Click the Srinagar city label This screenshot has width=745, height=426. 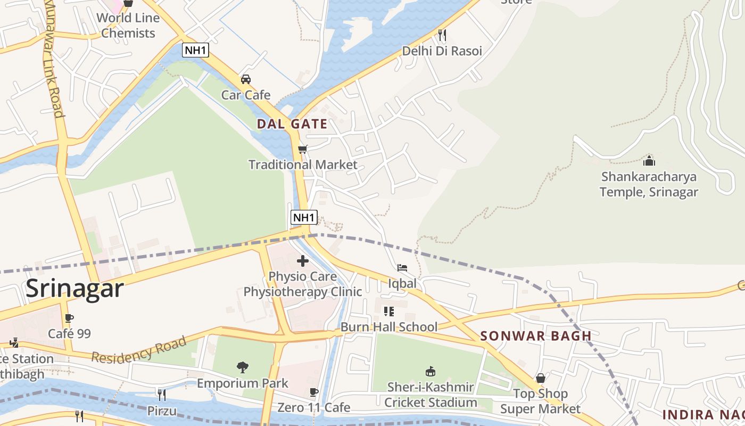(74, 288)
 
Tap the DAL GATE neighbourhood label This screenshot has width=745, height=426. (292, 124)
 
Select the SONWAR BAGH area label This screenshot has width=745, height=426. (536, 336)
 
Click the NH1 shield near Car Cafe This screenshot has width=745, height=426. (195, 50)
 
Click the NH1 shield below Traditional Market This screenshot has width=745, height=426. (304, 217)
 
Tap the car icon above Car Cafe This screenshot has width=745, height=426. (246, 79)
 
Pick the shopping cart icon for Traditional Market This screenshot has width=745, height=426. (303, 149)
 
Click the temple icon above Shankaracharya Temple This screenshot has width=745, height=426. (649, 161)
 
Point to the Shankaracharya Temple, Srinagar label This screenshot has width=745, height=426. (649, 184)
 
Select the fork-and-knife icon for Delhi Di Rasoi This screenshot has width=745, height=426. (442, 35)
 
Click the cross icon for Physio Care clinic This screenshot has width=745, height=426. (303, 261)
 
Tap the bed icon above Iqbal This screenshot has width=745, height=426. (402, 267)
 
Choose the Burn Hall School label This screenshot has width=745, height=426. (389, 327)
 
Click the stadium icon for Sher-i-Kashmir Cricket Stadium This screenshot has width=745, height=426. (431, 371)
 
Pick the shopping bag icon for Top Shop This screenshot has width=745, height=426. (541, 378)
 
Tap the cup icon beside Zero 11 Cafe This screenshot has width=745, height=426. (314, 392)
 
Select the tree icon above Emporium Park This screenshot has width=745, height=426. (243, 367)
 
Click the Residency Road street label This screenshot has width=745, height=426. (139, 349)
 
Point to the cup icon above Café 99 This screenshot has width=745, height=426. (69, 318)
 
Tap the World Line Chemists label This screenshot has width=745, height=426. (128, 25)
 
